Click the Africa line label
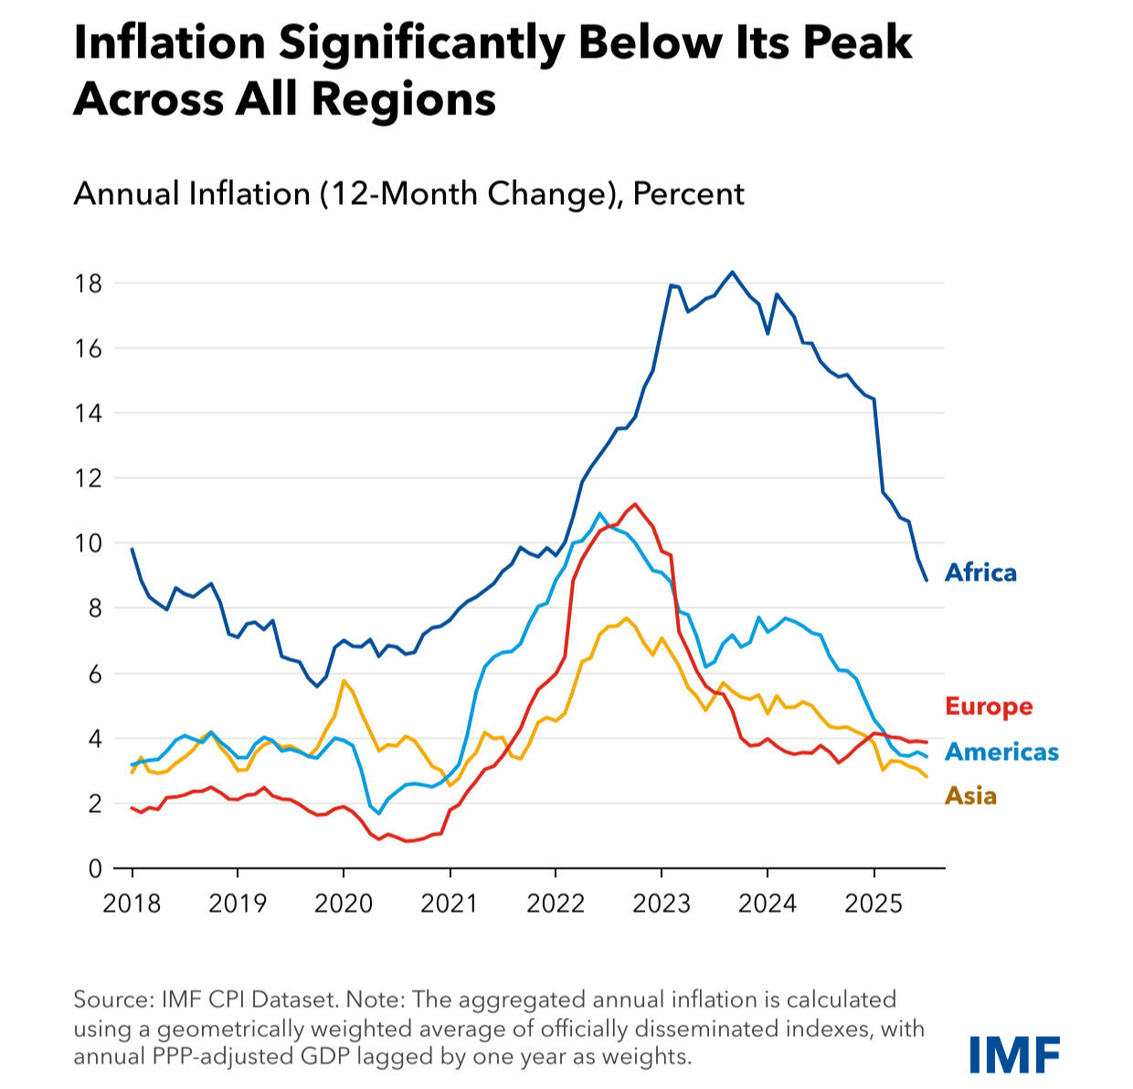(980, 572)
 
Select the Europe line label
(989, 707)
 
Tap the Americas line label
(1001, 752)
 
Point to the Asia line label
(970, 795)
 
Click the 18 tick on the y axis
(88, 283)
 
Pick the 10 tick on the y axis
(88, 543)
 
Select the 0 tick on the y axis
(94, 869)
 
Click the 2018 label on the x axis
(132, 904)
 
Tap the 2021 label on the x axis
(449, 904)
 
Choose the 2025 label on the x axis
(874, 904)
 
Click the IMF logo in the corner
(1014, 1054)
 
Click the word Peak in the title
(858, 43)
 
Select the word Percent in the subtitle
(689, 194)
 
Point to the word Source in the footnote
(111, 999)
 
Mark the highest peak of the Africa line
(732, 272)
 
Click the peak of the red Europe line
(635, 504)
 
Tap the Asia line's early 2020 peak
(343, 680)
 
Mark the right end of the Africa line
(927, 580)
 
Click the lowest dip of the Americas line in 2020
(379, 813)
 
